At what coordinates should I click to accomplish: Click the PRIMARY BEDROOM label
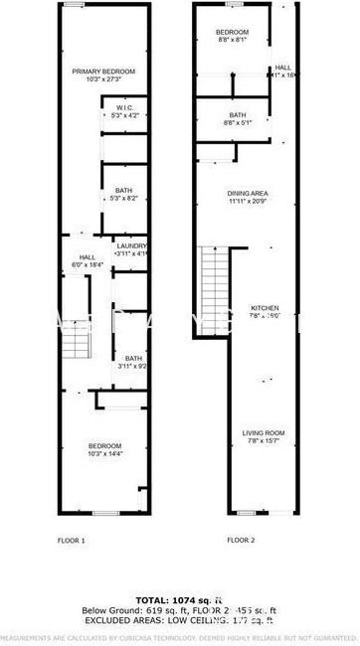pyautogui.click(x=103, y=72)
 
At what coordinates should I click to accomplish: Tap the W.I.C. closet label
pyautogui.click(x=124, y=107)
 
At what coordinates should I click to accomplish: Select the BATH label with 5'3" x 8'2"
pyautogui.click(x=124, y=191)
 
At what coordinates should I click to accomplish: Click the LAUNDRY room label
pyautogui.click(x=132, y=245)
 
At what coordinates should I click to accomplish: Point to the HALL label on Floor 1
pyautogui.click(x=88, y=256)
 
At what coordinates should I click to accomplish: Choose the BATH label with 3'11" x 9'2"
pyautogui.click(x=132, y=359)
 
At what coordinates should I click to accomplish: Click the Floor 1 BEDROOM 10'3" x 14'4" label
pyautogui.click(x=104, y=444)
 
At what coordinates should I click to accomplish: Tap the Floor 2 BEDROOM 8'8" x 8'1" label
pyautogui.click(x=232, y=33)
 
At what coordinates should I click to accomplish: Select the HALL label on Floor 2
pyautogui.click(x=282, y=67)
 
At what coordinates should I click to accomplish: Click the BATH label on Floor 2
pyautogui.click(x=237, y=115)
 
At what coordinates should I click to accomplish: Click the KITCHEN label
pyautogui.click(x=265, y=307)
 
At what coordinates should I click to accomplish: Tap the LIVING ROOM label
pyautogui.click(x=265, y=432)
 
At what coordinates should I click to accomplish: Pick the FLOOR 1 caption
pyautogui.click(x=72, y=541)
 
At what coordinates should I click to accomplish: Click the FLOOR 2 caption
pyautogui.click(x=241, y=541)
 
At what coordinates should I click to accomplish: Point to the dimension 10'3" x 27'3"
pyautogui.click(x=103, y=81)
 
